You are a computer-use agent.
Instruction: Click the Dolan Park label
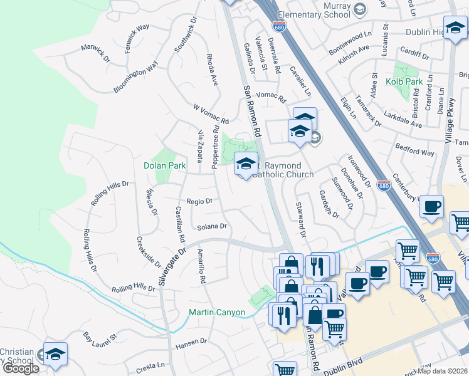(x=165, y=165)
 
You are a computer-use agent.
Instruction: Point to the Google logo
(x=21, y=368)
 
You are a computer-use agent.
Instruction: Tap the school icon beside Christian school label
(x=55, y=355)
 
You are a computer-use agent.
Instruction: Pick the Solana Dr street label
(x=211, y=227)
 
